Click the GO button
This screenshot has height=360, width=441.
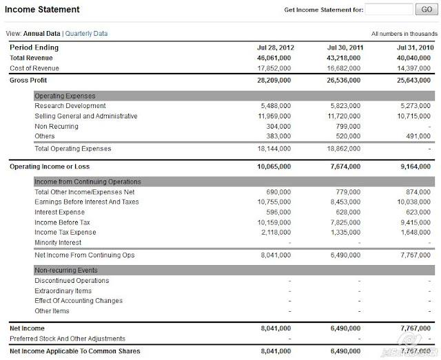pos(424,10)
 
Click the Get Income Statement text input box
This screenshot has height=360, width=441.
pos(389,10)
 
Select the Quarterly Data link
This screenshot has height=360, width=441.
pos(87,34)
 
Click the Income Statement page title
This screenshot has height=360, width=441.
pos(42,10)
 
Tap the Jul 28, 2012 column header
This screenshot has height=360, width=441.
pos(274,48)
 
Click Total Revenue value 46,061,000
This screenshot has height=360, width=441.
pos(274,59)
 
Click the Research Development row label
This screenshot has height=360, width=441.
pos(70,106)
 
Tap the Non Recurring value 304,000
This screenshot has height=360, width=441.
pos(279,127)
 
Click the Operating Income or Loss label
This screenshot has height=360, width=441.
pos(50,167)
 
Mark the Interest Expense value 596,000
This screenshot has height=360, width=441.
pos(279,212)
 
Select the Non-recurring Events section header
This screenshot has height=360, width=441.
pos(66,271)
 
